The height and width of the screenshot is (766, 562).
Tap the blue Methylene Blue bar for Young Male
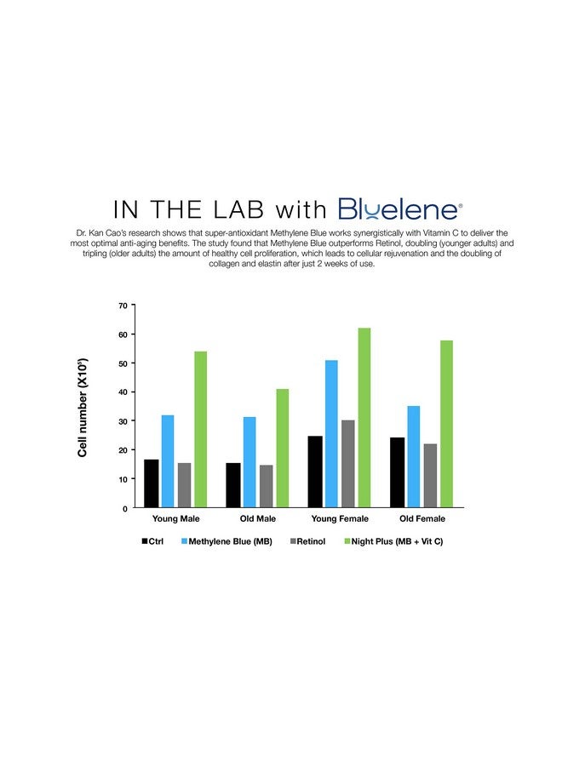(x=168, y=461)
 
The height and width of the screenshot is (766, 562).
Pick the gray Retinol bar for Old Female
(x=430, y=476)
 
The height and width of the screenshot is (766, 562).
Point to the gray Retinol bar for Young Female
(x=348, y=464)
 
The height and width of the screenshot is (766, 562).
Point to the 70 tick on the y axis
(x=123, y=306)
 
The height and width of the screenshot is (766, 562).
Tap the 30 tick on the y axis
(x=123, y=421)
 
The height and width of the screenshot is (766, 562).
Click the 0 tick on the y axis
(x=125, y=508)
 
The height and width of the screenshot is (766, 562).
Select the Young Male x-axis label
(x=175, y=518)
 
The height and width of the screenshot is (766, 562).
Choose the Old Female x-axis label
(x=422, y=518)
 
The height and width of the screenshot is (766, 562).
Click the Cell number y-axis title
(x=83, y=407)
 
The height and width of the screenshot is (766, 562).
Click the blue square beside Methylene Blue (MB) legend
(x=184, y=541)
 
